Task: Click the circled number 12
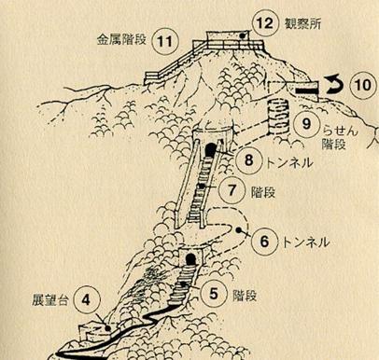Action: click(x=265, y=23)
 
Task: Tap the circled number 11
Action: click(x=165, y=41)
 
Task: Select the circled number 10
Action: click(x=362, y=85)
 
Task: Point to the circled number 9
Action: click(x=307, y=124)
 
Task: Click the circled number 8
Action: click(x=248, y=160)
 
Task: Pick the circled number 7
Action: click(x=232, y=190)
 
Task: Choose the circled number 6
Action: click(x=264, y=242)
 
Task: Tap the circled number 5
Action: click(x=214, y=294)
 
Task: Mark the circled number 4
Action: click(x=87, y=300)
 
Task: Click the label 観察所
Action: click(x=302, y=24)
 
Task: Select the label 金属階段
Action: click(x=121, y=39)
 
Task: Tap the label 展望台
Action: click(x=50, y=299)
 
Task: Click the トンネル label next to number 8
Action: click(x=289, y=162)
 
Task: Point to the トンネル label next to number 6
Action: click(x=305, y=242)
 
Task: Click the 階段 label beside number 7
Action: click(x=263, y=193)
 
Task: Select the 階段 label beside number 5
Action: click(x=245, y=296)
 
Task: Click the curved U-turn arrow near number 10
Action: click(x=335, y=85)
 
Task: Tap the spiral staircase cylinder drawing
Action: click(x=278, y=117)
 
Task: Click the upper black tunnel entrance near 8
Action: click(x=210, y=150)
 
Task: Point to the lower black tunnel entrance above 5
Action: click(x=190, y=259)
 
